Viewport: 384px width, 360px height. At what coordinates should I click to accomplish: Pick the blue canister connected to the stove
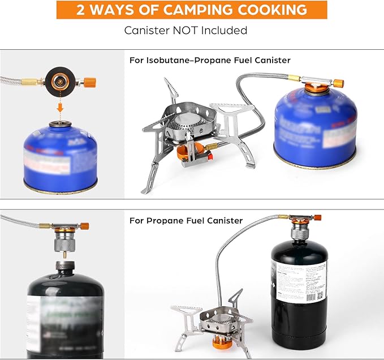[315, 129]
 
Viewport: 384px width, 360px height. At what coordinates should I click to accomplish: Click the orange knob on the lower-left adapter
[84, 226]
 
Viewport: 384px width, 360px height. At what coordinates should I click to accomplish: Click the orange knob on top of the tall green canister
[317, 217]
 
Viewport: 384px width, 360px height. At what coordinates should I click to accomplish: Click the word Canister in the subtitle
[145, 30]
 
